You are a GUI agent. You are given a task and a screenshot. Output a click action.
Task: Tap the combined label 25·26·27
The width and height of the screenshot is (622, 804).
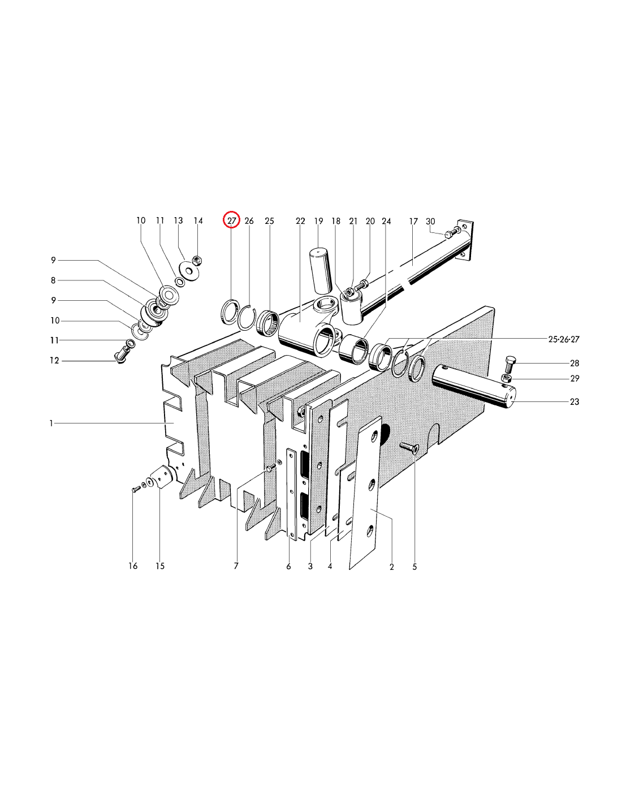(x=564, y=339)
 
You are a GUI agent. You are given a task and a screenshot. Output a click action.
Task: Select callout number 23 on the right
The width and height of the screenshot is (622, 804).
(x=575, y=401)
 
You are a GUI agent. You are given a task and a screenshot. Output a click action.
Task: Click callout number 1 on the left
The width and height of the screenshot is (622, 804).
(x=51, y=423)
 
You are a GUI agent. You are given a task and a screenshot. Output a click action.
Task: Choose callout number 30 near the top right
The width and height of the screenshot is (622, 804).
(x=430, y=221)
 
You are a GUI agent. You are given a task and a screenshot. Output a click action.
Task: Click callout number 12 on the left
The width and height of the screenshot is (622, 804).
(x=54, y=360)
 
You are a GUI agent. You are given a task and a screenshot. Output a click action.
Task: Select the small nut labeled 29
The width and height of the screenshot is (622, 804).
(x=507, y=378)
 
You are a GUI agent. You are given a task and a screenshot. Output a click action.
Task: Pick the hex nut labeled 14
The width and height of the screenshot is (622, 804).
(x=197, y=260)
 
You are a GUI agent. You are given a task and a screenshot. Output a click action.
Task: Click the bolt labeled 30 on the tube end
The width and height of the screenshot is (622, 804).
(x=448, y=234)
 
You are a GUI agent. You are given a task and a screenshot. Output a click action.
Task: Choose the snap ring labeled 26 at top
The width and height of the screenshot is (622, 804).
(x=246, y=317)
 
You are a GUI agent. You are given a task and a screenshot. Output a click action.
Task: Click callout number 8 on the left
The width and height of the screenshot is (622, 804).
(x=53, y=280)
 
